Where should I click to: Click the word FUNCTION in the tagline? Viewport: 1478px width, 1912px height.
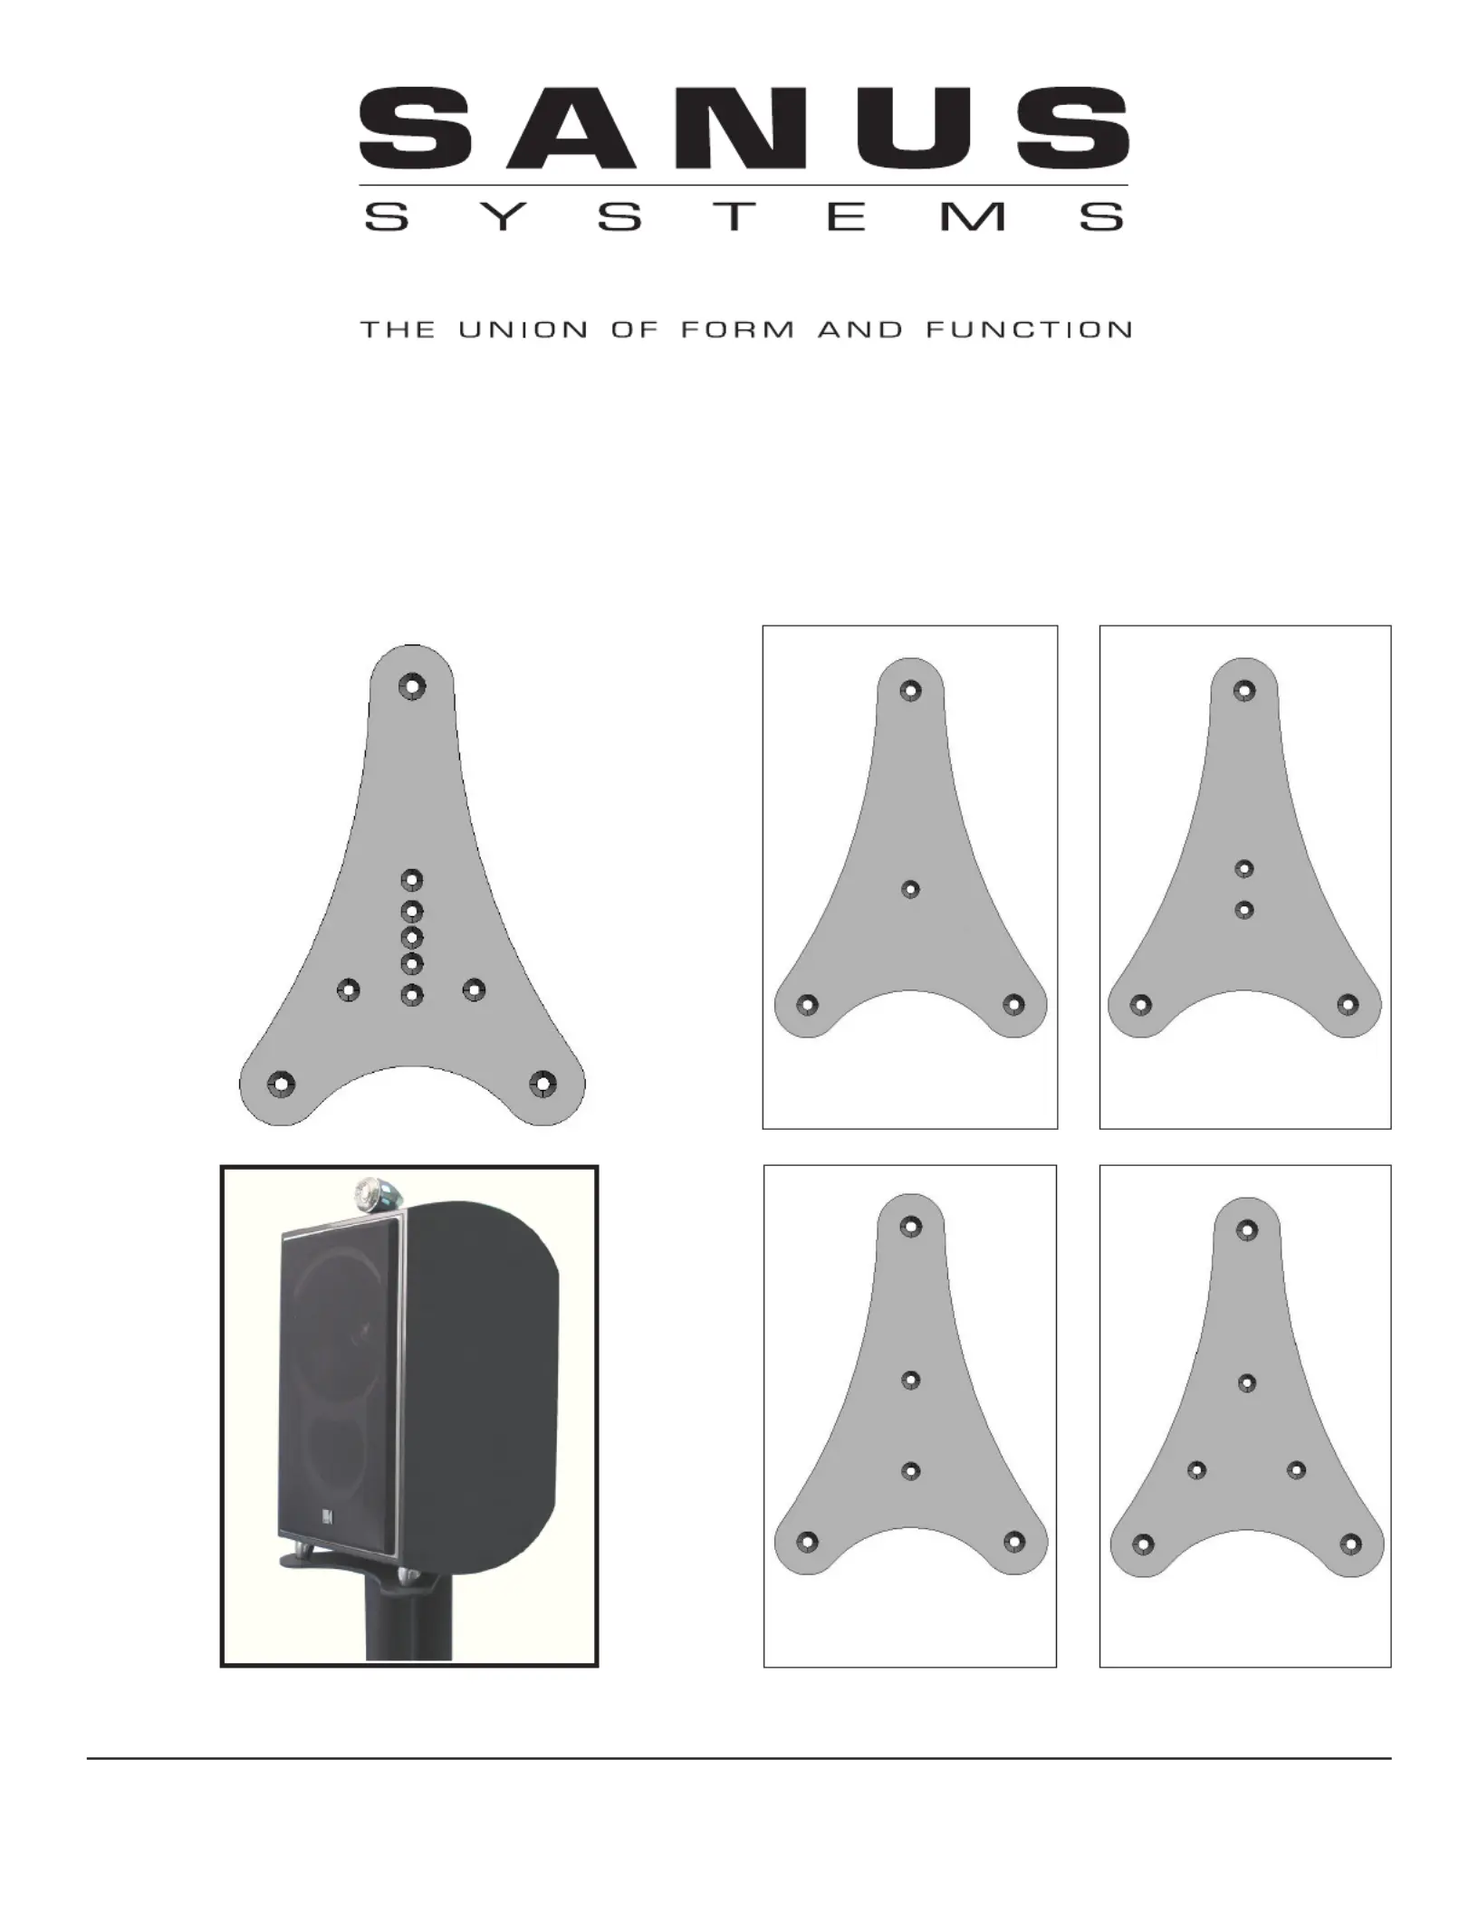tap(1028, 330)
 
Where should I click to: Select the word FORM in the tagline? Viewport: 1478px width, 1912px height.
tap(737, 330)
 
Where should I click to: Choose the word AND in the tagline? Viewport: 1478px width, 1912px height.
tap(860, 330)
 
